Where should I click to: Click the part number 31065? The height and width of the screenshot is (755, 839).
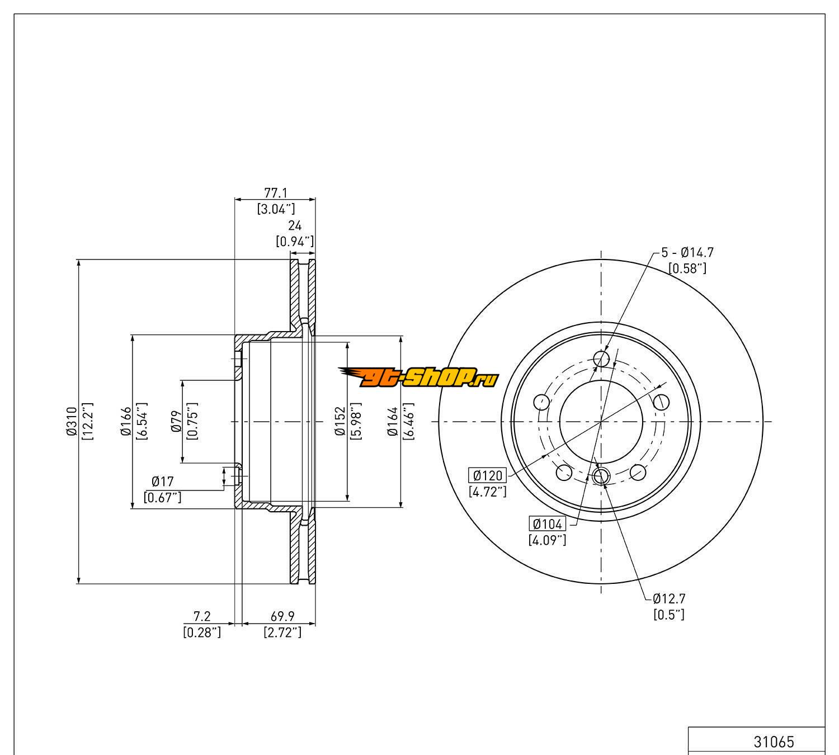click(774, 742)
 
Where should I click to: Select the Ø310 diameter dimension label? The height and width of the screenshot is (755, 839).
click(71, 422)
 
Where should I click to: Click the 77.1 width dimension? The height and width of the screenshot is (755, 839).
click(275, 193)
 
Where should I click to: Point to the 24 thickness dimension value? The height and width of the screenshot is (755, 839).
click(295, 225)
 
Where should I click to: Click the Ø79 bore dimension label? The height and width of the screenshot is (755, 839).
click(176, 422)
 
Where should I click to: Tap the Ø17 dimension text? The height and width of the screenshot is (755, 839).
click(163, 482)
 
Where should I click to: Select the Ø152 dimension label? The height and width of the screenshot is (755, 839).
click(340, 422)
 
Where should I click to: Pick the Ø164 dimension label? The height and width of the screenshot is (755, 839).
click(393, 422)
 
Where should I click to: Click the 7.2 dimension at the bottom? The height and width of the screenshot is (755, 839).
click(201, 616)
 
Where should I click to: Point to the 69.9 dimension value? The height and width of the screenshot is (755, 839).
click(282, 616)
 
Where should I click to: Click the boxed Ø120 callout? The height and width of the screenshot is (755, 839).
click(488, 476)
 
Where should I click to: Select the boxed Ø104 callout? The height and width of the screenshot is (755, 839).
click(548, 524)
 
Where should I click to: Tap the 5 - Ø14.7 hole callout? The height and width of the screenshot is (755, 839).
click(687, 253)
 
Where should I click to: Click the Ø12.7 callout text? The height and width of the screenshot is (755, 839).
click(668, 598)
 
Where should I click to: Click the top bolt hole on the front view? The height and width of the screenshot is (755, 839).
click(601, 358)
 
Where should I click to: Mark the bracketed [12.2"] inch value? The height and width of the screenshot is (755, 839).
click(87, 422)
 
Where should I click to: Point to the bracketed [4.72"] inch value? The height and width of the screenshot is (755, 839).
click(488, 492)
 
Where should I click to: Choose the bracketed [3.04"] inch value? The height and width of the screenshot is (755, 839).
click(275, 209)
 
